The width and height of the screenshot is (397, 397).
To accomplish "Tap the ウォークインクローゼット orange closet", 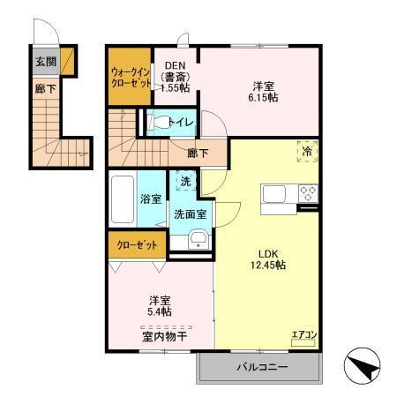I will (129, 75).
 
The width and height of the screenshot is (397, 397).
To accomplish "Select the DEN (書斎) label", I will (173, 76).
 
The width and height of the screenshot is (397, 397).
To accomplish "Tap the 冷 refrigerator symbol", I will (305, 152).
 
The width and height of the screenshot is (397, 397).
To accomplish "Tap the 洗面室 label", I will (190, 213).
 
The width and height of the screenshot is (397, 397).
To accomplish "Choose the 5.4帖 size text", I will (159, 311).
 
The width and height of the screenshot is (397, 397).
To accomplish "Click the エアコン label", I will (303, 333).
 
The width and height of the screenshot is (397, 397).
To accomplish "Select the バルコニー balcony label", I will (259, 366).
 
